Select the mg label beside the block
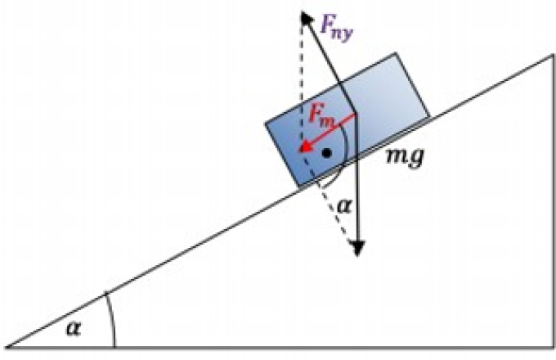click(x=405, y=156)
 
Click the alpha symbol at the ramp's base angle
click(x=74, y=328)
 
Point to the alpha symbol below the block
click(x=343, y=205)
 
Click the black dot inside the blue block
click(x=326, y=153)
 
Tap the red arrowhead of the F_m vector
click(x=305, y=146)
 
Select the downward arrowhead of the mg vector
click(x=357, y=248)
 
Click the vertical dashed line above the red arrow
click(x=302, y=82)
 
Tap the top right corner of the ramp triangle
click(x=554, y=55)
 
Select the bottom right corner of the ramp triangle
click(x=554, y=348)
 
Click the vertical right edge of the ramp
click(x=554, y=201)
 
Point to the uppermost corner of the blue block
click(x=396, y=53)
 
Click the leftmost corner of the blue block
click(x=266, y=124)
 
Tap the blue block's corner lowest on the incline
click(x=299, y=186)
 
